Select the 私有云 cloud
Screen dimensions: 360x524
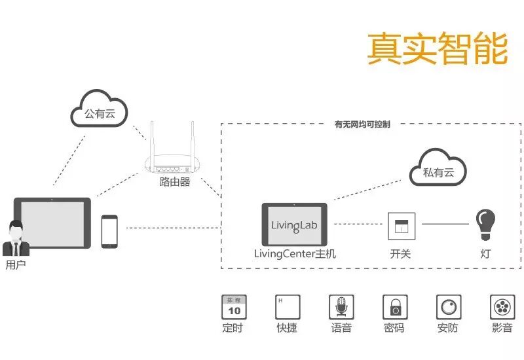coord(438,172)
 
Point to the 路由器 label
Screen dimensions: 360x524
coord(174,182)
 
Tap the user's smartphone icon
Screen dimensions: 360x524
coord(109,231)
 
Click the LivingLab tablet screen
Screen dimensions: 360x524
coord(294,225)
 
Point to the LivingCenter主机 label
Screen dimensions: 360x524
coord(295,253)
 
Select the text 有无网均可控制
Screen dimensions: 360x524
coord(362,124)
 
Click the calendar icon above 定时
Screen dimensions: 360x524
coord(233,306)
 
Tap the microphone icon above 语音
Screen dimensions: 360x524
coord(341,306)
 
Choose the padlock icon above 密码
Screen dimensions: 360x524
coord(395,306)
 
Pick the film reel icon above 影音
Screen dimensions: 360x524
coord(502,306)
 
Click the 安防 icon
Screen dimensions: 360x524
coord(449,306)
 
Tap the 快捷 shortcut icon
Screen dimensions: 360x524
coord(288,306)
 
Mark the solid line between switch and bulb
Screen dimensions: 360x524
coord(445,225)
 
